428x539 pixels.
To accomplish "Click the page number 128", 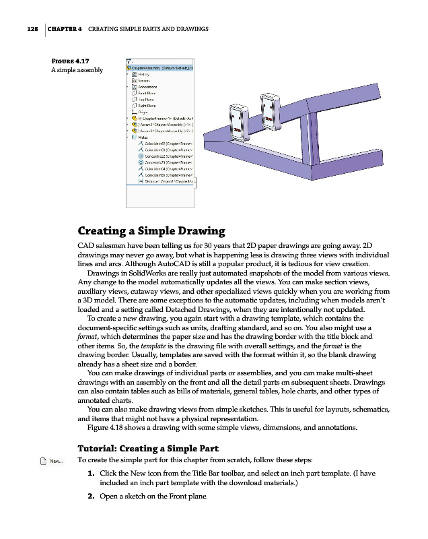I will tap(28, 30).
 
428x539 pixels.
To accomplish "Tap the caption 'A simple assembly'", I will tap(77, 70).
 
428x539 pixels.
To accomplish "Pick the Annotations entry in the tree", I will tap(147, 87).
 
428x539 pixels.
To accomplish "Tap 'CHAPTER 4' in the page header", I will tap(65, 30).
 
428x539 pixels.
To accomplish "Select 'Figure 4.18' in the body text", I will tap(110, 428).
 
